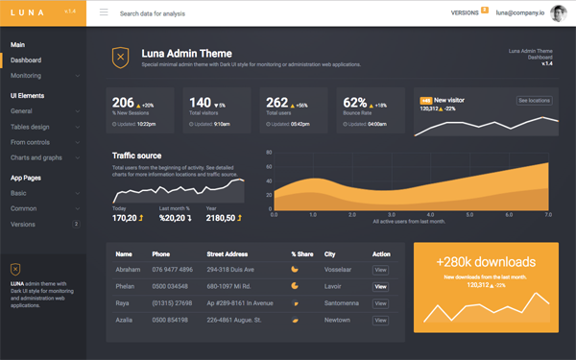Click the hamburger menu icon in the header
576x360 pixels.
tap(104, 13)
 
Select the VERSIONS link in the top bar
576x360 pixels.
tap(465, 13)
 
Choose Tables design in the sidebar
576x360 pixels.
tap(30, 127)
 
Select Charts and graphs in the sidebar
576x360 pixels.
tap(36, 157)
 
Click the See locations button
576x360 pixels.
tap(535, 100)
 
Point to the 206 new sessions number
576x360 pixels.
tap(123, 103)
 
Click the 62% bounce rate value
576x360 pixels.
tap(355, 103)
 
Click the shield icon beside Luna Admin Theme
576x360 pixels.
tap(120, 58)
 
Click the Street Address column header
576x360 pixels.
tap(227, 254)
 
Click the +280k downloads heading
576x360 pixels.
tap(485, 261)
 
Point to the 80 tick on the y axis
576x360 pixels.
tap(270, 152)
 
